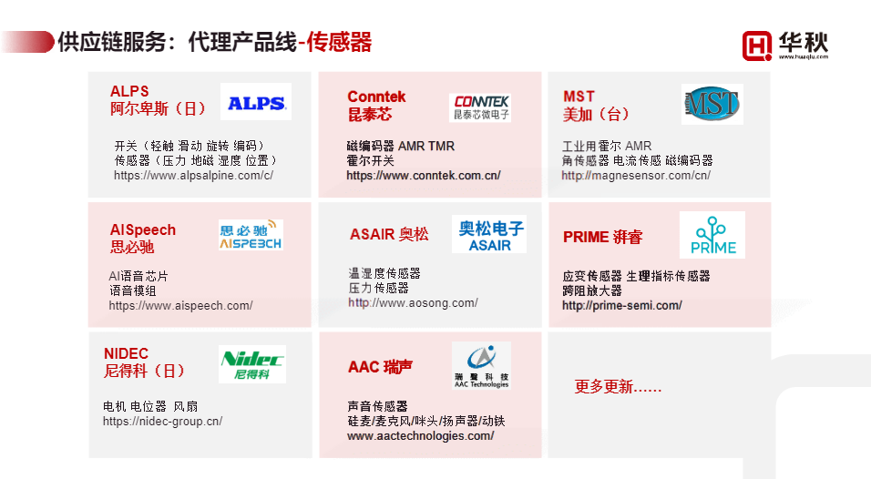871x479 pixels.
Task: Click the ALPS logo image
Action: [255, 103]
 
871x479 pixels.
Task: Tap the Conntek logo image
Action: [479, 107]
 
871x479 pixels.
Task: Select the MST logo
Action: [712, 104]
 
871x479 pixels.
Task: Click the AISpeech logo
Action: [251, 235]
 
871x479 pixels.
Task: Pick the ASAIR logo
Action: [488, 234]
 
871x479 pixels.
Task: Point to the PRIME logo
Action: [712, 235]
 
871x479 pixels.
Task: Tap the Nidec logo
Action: [252, 364]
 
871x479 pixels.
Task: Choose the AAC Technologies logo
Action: [481, 366]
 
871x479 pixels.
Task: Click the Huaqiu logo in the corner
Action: [785, 44]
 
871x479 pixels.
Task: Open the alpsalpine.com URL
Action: [193, 175]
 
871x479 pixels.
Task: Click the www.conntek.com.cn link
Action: [423, 176]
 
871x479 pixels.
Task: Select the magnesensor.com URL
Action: [636, 175]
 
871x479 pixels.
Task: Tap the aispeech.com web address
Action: [180, 306]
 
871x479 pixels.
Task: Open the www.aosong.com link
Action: [412, 302]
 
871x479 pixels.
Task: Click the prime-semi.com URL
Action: [621, 306]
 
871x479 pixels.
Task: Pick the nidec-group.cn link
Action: [162, 422]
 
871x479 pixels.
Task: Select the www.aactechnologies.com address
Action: [420, 436]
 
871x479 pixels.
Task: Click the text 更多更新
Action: [618, 387]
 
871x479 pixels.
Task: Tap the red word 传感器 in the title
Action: [339, 42]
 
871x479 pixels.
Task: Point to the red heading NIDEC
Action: [126, 354]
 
